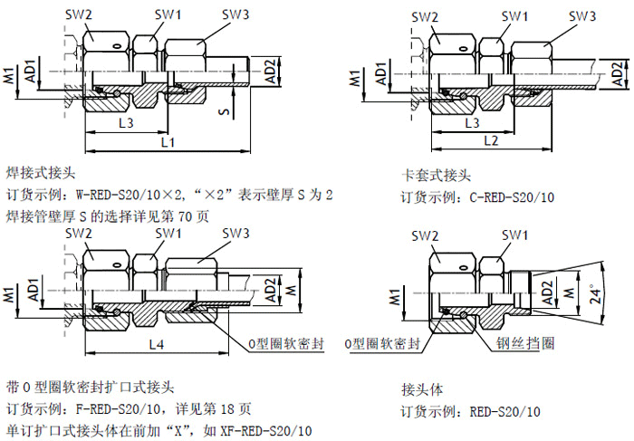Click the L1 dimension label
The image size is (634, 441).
[168, 142]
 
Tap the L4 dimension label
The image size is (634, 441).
[156, 345]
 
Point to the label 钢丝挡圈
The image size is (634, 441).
[525, 344]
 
